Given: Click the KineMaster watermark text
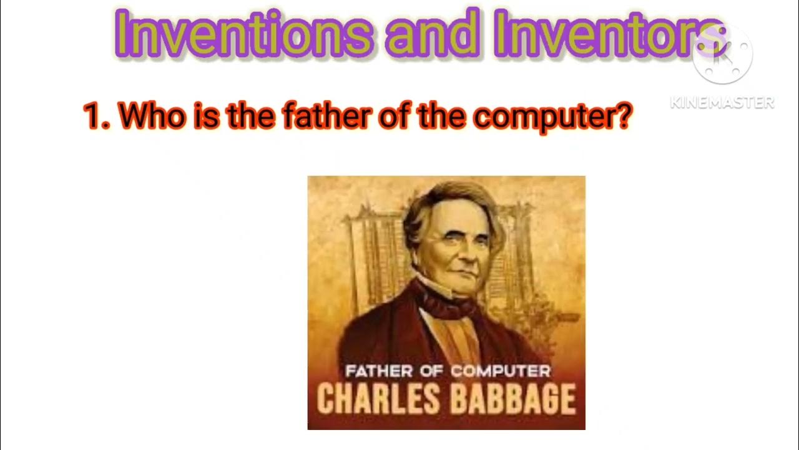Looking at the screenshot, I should click(722, 102).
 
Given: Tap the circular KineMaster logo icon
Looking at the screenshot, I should click(722, 55).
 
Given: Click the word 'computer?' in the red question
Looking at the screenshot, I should click(549, 116).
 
